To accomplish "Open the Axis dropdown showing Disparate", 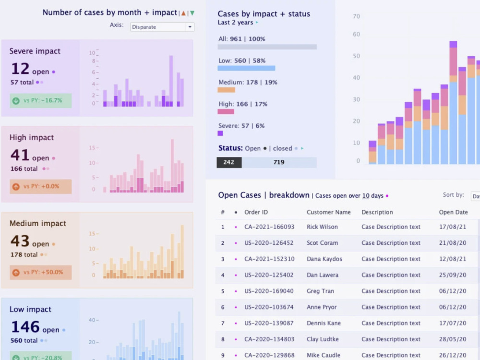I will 162,27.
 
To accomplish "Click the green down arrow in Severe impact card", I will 16,101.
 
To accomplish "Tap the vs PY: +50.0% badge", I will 41,272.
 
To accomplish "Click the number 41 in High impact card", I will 20,156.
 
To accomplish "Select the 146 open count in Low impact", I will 25,327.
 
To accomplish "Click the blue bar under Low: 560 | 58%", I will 246,68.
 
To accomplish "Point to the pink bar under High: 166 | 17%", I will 226,111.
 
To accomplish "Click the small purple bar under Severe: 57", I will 220,133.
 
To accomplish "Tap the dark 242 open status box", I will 229,162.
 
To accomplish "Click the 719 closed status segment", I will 279,162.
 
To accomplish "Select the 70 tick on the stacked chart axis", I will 356,16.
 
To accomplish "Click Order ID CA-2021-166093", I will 269,227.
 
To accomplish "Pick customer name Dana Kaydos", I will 324,259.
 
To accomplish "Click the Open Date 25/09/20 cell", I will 452,275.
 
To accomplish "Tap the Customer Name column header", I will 328,212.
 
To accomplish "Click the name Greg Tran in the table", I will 320,291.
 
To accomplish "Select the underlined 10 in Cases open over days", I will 366,196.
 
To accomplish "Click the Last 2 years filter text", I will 235,23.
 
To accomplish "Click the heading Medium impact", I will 38,223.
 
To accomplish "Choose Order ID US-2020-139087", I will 269,323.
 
